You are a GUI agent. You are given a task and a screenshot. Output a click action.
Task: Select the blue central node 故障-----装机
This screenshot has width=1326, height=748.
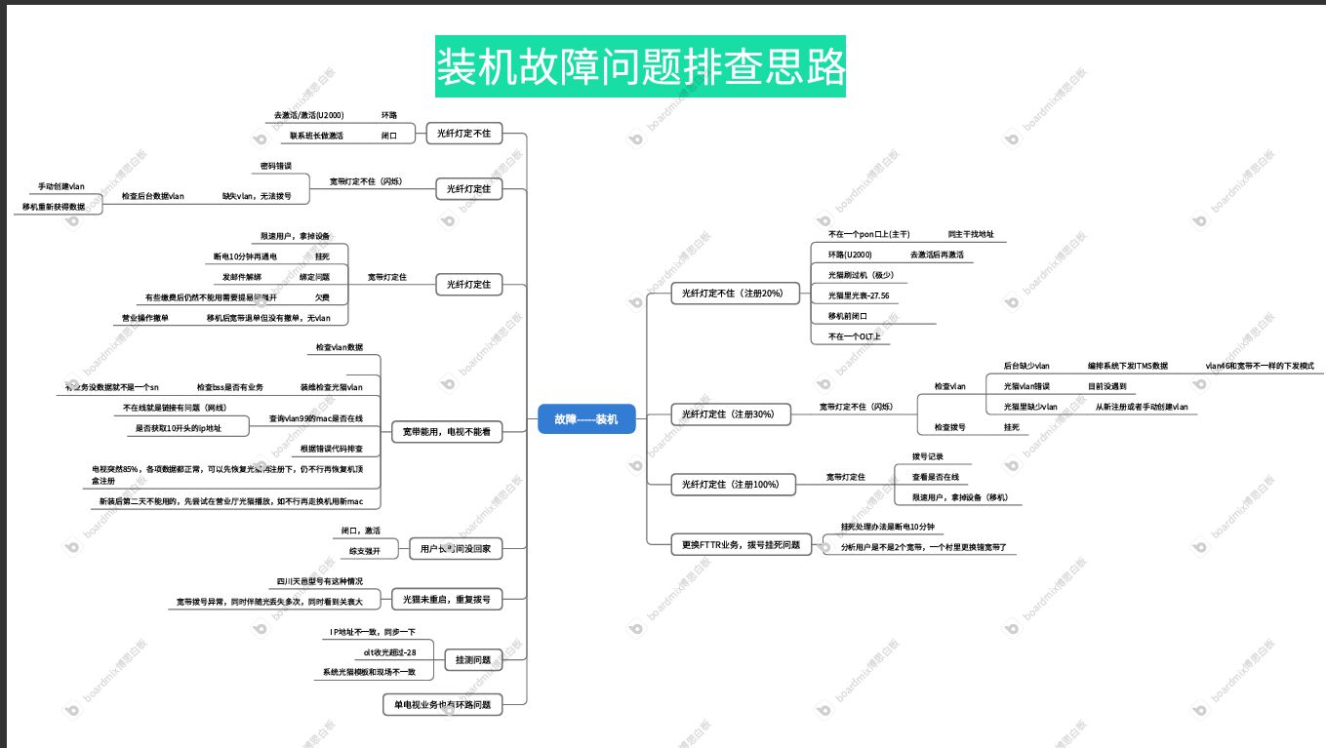pos(586,419)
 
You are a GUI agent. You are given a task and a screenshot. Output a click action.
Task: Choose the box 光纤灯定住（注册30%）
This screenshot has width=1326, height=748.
pos(727,414)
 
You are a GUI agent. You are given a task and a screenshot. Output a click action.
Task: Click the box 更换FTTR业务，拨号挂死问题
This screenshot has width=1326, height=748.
pos(741,544)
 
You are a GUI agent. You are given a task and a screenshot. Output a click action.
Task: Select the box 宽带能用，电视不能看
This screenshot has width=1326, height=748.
pos(447,430)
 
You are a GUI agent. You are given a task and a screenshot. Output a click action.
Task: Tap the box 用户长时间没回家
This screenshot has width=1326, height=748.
pos(455,549)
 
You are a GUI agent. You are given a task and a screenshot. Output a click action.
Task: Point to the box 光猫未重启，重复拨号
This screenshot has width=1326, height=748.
pos(446,599)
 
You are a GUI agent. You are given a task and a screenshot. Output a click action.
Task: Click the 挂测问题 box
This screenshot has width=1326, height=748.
pos(473,660)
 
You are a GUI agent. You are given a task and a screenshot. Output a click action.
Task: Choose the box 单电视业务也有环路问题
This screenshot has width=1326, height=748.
pos(442,704)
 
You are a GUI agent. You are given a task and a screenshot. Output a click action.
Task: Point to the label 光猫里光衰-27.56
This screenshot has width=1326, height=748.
pos(858,295)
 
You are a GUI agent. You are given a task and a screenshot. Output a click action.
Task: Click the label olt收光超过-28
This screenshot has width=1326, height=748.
pos(389,651)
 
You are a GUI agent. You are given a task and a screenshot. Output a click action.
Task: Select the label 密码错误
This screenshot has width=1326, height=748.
pos(276,166)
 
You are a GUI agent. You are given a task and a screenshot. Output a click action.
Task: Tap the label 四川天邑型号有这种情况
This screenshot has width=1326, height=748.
pos(319,581)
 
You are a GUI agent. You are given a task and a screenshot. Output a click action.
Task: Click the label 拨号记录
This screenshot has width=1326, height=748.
pos(927,456)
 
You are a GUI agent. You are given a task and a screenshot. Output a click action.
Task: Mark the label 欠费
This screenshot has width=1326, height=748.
pos(322,297)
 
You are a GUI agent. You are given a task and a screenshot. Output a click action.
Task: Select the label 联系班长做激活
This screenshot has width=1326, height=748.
pos(316,136)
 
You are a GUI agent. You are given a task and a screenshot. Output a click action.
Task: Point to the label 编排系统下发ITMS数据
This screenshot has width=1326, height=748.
pos(1127,366)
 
